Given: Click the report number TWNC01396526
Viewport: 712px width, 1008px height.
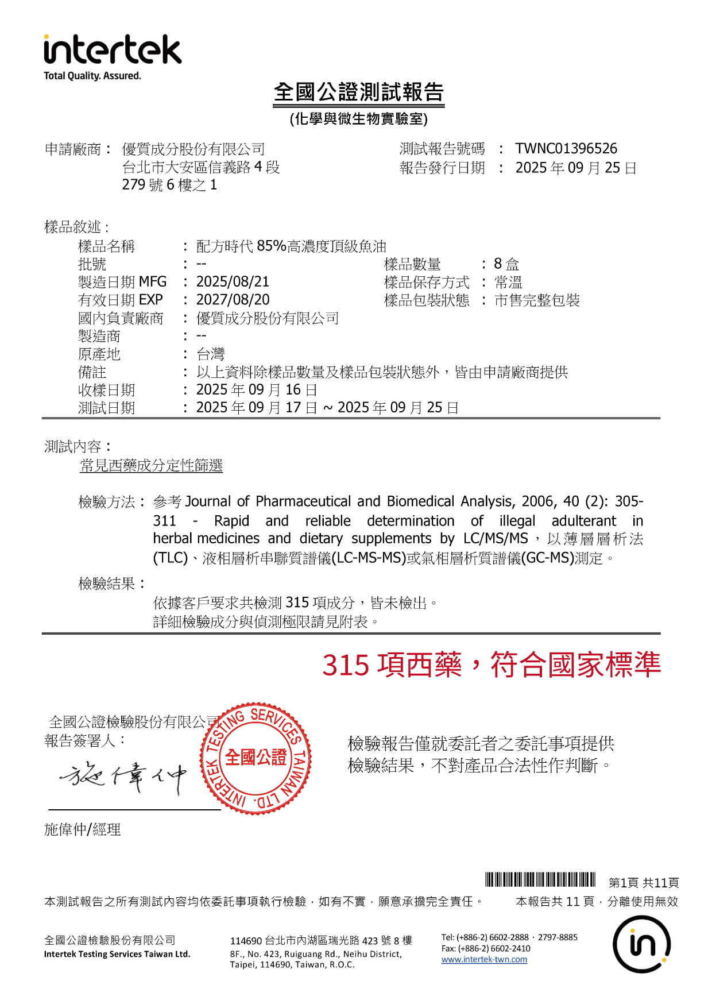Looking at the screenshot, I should [566, 149].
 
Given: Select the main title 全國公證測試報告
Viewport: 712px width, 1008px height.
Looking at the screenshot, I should [358, 92].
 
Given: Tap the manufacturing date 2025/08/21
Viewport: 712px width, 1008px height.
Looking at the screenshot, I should [233, 282].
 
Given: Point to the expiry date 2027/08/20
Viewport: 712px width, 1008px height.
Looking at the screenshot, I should [233, 300].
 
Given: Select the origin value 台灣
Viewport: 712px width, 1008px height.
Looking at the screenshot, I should [210, 354].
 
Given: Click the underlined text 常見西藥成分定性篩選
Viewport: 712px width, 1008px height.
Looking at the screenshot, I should [151, 465].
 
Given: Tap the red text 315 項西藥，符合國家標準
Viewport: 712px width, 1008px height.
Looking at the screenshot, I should [491, 665].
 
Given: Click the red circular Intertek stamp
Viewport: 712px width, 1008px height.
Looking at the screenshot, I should [256, 758].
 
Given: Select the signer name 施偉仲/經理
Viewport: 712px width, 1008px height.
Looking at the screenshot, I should [82, 829].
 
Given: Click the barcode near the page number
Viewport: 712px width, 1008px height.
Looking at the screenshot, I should [540, 879].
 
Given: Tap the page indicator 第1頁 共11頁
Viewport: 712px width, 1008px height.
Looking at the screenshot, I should [644, 883].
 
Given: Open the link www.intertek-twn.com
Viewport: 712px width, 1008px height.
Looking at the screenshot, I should [484, 959].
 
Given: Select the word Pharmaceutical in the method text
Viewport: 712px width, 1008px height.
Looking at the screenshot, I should [303, 501].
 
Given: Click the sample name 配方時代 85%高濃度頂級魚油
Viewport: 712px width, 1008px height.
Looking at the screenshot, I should [291, 246].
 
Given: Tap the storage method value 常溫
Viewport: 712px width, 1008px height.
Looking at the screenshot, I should [508, 282].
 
